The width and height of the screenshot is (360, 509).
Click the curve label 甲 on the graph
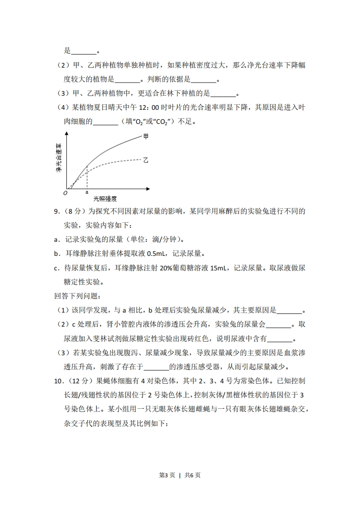click(146, 136)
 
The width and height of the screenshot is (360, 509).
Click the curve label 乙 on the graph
click(146, 160)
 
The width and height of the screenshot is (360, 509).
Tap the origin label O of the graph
click(65, 193)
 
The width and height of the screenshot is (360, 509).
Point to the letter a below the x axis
click(87, 192)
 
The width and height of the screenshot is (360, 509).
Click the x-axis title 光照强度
click(105, 199)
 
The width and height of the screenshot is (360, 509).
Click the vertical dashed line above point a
click(87, 177)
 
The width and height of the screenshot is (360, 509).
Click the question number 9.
click(56, 211)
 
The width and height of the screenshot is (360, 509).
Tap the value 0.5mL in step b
click(147, 254)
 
